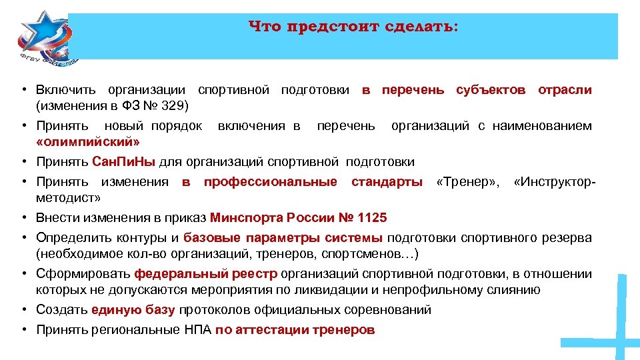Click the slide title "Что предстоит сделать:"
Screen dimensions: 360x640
point(353,27)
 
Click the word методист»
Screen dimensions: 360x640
point(69,197)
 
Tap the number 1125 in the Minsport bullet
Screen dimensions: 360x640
point(372,217)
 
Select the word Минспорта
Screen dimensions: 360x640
point(245,217)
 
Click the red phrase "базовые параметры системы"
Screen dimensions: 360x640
point(283,237)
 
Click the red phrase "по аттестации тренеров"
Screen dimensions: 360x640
point(295,329)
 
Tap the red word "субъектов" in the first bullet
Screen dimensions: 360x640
point(491,89)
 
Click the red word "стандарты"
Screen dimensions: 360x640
point(387,181)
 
